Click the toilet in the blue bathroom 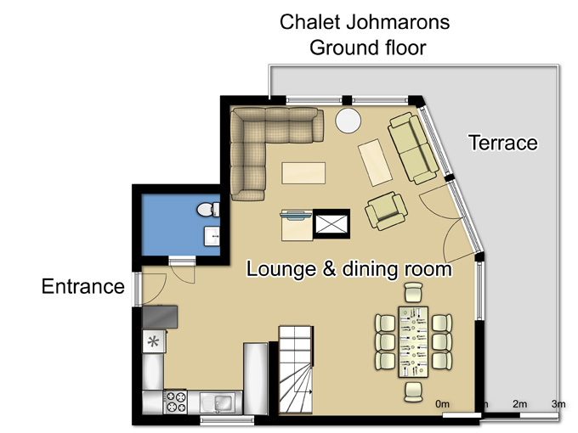208,210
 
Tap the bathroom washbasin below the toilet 212,236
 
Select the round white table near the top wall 348,121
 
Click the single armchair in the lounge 386,211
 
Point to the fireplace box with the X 331,224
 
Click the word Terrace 503,143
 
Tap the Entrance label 83,286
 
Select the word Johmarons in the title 398,22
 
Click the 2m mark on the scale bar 519,404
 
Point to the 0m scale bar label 442,404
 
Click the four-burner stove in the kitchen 175,402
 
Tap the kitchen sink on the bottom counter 218,402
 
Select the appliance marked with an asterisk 154,341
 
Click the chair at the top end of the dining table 412,293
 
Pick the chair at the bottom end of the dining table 413,392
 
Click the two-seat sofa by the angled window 413,148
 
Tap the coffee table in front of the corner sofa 303,173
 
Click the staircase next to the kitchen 296,369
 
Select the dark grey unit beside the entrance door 160,317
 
